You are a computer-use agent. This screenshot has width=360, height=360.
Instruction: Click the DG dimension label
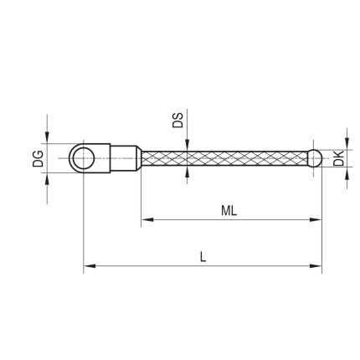[x=38, y=158]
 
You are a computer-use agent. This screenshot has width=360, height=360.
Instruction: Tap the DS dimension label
[x=177, y=121]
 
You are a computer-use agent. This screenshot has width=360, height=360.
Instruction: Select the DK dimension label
[x=338, y=158]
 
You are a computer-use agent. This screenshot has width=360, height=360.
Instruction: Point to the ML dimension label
[x=229, y=211]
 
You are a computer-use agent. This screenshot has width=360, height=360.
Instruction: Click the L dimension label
[x=203, y=257]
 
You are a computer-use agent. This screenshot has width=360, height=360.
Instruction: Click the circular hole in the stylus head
[x=84, y=158]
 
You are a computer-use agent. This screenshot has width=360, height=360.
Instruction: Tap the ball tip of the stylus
[x=315, y=158]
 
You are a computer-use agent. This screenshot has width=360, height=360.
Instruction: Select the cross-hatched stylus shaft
[x=224, y=158]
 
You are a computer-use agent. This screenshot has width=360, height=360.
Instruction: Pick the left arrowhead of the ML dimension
[x=147, y=220]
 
